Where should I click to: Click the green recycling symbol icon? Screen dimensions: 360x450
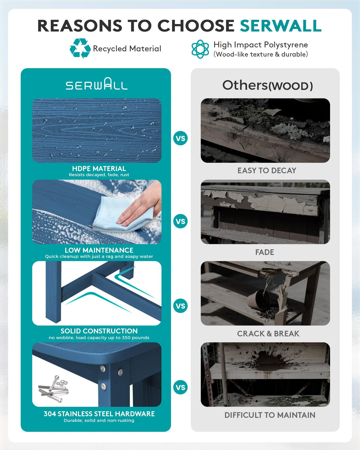coord(80,48)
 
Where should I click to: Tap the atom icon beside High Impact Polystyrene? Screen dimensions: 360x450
coord(200,49)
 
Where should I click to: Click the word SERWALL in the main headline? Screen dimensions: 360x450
coord(281,26)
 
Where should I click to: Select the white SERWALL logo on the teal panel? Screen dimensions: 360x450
coord(97,84)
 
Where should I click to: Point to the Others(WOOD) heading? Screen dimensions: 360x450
coord(267,86)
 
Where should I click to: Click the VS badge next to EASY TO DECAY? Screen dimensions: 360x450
coord(180,138)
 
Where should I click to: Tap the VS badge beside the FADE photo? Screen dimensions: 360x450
coord(180,221)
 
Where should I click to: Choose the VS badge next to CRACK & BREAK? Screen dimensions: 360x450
coord(180,306)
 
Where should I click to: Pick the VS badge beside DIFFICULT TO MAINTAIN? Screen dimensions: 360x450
coord(180,387)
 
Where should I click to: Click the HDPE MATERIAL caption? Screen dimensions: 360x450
coord(99,169)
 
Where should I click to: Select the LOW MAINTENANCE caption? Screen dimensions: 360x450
coord(99,250)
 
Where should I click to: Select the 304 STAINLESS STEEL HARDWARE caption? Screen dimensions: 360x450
coord(99,414)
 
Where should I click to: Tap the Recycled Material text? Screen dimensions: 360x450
coord(127,49)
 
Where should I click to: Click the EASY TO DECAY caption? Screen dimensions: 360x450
coord(267,170)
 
